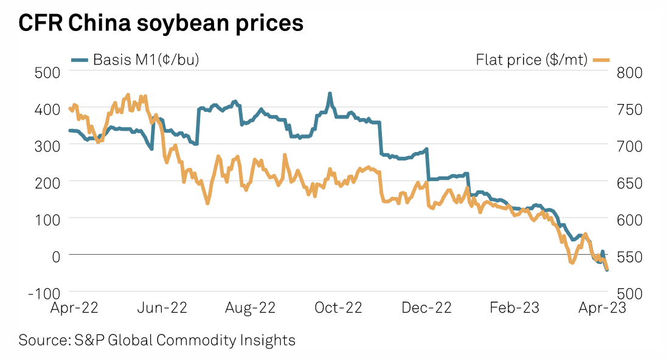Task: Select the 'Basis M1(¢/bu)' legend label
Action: pos(146,60)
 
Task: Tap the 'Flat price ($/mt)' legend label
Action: pos(531,60)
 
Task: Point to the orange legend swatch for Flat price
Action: pos(601,60)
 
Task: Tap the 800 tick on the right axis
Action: pos(630,72)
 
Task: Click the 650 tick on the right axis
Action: pos(630,182)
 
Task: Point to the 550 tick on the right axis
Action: pos(630,255)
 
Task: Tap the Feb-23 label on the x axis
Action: pos(514,308)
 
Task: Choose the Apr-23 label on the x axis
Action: pos(601,308)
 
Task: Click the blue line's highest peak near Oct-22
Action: pos(330,94)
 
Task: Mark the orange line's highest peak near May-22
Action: pos(128,95)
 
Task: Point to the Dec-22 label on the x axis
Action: pos(427,308)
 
